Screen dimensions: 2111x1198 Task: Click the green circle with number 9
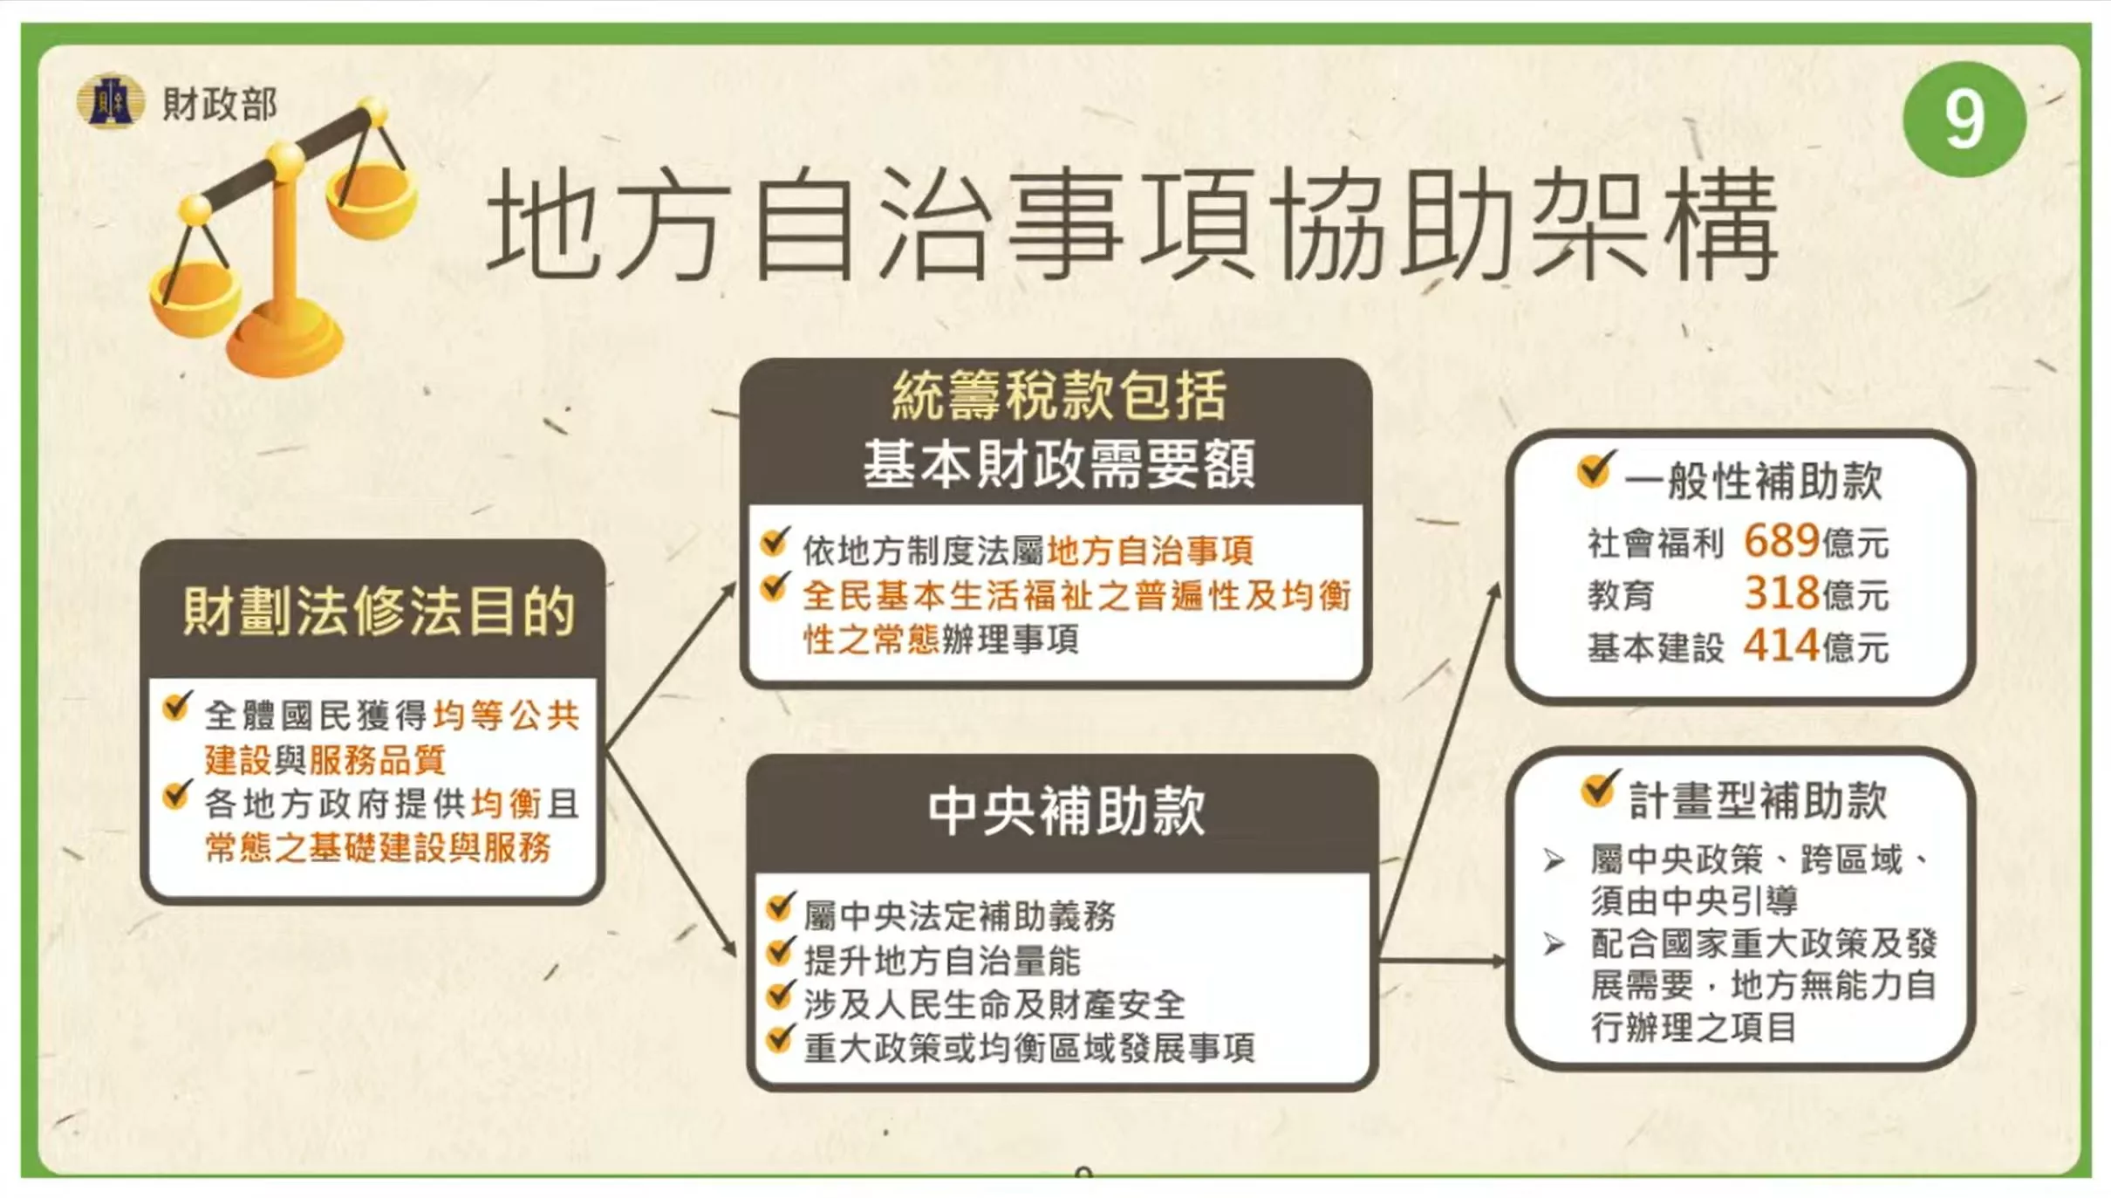[x=1964, y=119]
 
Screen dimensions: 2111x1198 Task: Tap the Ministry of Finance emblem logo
[x=110, y=101]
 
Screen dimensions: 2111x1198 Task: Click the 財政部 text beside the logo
[x=220, y=104]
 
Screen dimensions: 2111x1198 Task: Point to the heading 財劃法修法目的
[x=379, y=611]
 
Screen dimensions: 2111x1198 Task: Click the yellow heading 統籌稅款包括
[x=1059, y=395]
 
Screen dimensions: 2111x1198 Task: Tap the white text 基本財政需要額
[x=1059, y=463]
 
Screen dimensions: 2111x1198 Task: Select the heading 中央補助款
[x=1066, y=811]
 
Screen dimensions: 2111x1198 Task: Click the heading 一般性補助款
[x=1753, y=481]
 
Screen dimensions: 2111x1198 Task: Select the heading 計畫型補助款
[x=1758, y=799]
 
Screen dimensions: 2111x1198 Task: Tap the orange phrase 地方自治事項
[x=1150, y=551]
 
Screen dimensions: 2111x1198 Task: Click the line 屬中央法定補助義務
[x=960, y=916]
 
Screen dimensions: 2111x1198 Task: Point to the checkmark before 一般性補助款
[x=1595, y=469]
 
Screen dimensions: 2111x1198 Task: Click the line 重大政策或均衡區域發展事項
[x=1029, y=1048]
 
